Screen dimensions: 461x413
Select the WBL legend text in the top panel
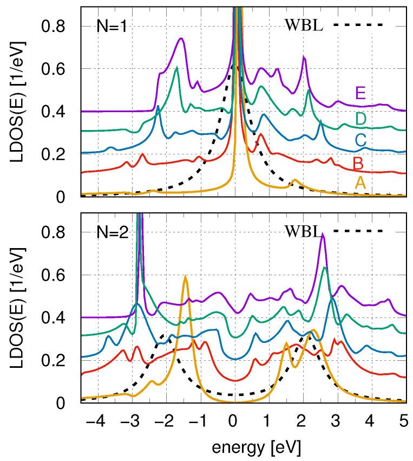[x=303, y=25]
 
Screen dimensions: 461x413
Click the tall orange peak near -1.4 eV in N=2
[x=185, y=277]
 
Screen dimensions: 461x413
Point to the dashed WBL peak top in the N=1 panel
[x=232, y=66]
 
